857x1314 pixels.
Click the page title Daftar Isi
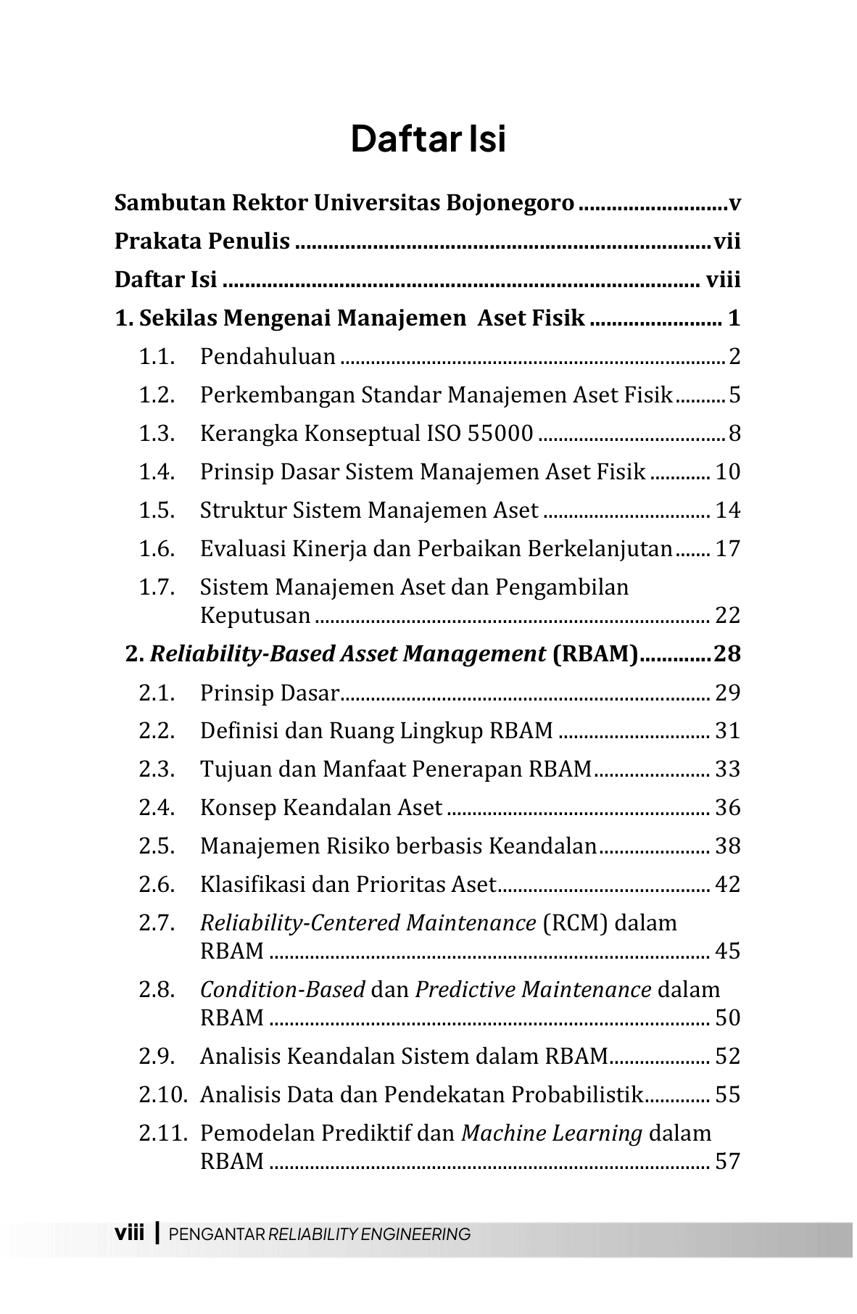428,139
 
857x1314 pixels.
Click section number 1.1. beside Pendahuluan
157,357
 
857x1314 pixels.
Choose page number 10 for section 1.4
727,472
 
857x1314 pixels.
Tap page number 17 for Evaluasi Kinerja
727,549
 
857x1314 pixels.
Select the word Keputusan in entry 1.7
255,616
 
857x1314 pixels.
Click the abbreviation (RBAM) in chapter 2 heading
595,654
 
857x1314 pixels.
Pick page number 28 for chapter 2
727,654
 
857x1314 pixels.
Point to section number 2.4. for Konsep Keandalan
157,808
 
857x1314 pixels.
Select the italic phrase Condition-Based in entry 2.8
282,990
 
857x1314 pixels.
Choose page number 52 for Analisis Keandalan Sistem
727,1057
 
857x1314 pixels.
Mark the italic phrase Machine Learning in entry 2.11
552,1133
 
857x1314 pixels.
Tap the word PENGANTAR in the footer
217,1234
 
